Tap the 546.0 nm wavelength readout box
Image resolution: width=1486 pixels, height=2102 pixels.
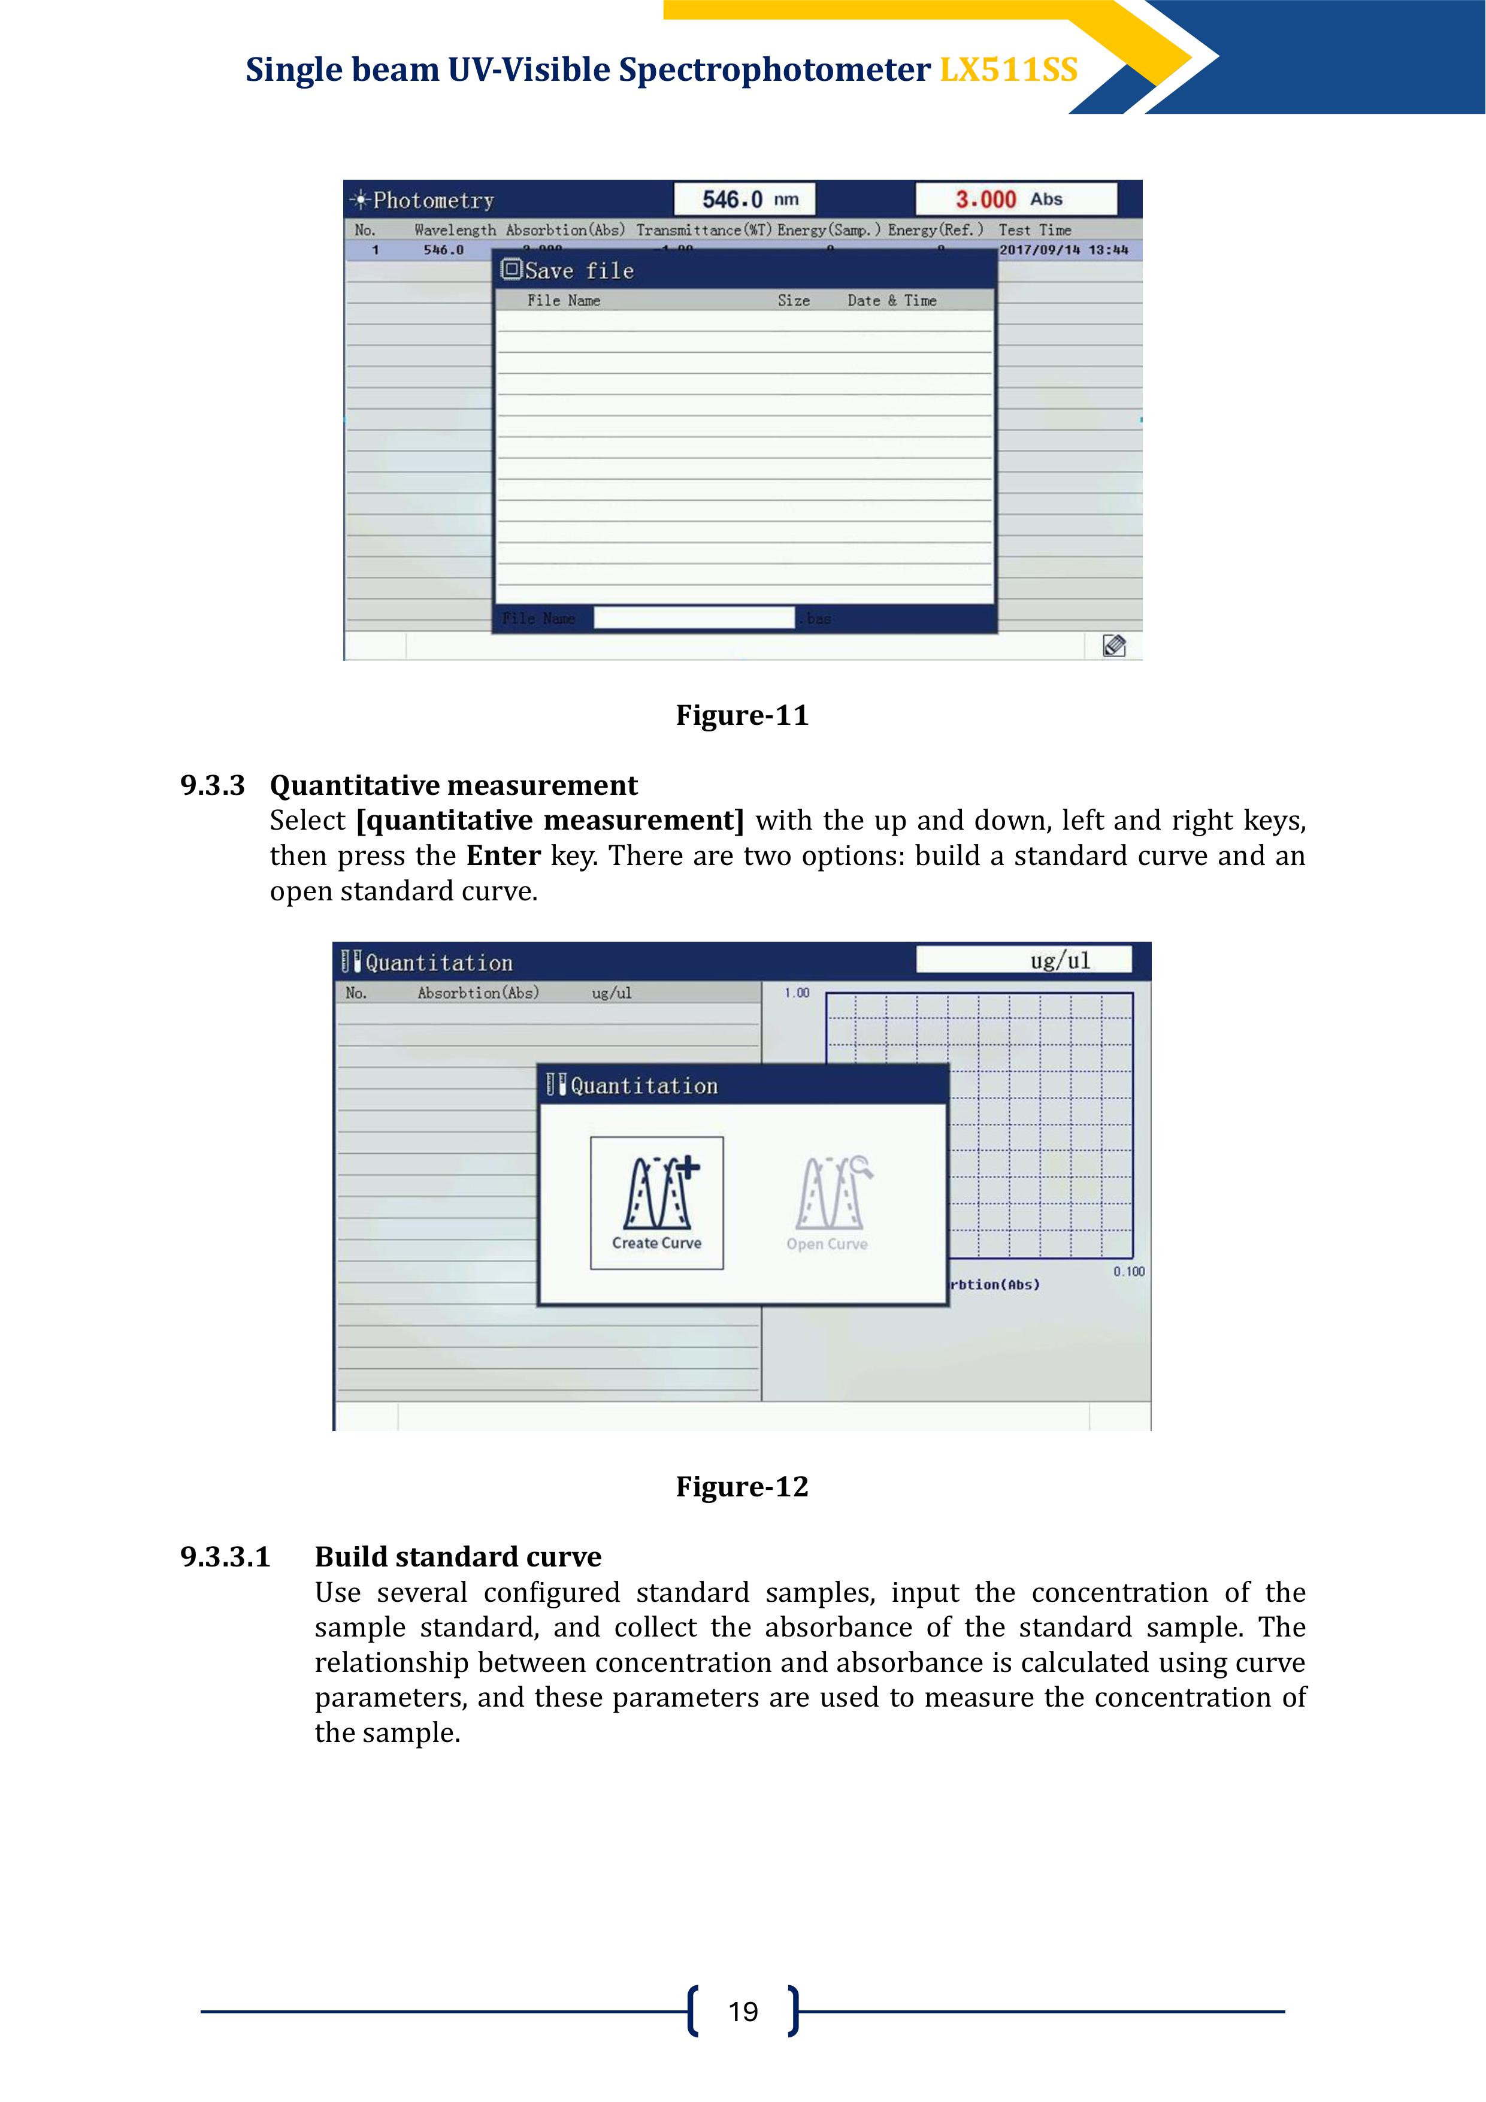point(744,199)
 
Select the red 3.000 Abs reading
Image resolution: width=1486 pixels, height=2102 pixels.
point(1015,199)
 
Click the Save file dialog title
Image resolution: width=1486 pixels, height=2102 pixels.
point(579,271)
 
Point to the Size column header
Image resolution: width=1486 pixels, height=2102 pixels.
point(794,300)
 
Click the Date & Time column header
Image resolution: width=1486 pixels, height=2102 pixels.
point(892,300)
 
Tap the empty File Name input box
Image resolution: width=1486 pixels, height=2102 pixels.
point(694,618)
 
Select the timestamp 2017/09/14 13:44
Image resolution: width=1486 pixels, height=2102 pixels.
point(1063,250)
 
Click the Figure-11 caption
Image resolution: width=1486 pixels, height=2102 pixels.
point(742,715)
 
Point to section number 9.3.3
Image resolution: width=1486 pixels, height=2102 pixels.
point(213,785)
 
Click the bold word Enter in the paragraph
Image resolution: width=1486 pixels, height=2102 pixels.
point(504,856)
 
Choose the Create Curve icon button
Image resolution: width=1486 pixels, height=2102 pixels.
point(656,1202)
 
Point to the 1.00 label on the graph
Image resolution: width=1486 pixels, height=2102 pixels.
point(797,993)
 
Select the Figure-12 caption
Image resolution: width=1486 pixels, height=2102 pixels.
point(742,1487)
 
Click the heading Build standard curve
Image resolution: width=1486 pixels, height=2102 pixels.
point(458,1557)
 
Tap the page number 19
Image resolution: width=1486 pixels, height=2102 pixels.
point(743,2012)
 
